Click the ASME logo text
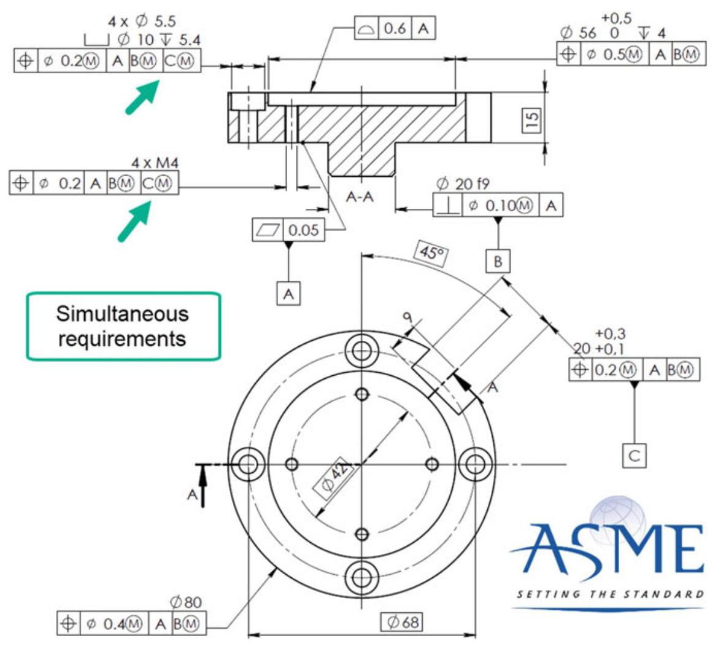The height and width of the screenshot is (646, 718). (x=606, y=548)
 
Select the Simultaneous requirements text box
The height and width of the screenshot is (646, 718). (x=122, y=326)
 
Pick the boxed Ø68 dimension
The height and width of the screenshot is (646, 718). (x=401, y=621)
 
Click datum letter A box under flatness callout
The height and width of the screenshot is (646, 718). (x=288, y=294)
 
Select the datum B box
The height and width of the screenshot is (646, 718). (x=498, y=262)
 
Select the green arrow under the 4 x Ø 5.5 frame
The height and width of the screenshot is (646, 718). (x=140, y=97)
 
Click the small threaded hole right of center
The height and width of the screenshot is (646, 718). (x=432, y=463)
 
